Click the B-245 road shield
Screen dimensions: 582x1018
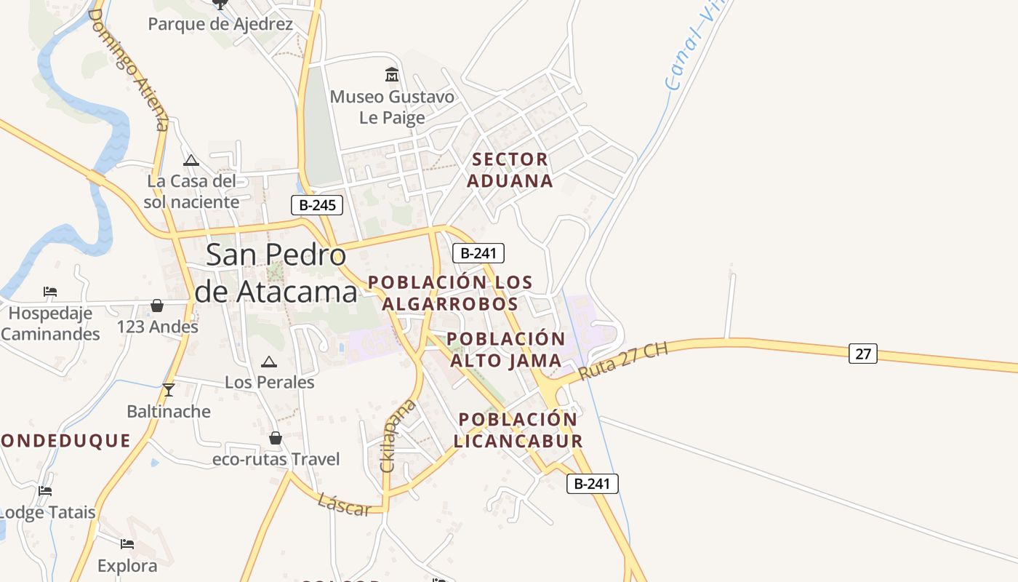(317, 205)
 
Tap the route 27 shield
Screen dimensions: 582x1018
(862, 354)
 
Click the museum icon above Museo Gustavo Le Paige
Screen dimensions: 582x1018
(392, 75)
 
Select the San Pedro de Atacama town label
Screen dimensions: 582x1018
(277, 273)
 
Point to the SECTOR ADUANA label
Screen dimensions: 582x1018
(510, 170)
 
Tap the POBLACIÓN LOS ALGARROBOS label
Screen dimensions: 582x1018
(450, 292)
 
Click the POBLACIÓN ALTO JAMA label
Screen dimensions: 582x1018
(506, 349)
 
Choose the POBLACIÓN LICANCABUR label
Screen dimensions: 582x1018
(518, 430)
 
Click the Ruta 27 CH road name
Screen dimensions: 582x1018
(622, 362)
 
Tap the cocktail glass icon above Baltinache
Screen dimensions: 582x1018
(169, 389)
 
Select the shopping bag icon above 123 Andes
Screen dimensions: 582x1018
(156, 306)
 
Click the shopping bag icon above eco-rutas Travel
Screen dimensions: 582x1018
(276, 438)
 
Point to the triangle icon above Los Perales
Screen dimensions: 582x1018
(269, 362)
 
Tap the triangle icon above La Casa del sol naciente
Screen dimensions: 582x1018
(191, 160)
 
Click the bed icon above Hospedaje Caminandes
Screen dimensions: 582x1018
(50, 292)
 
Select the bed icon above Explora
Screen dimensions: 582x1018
(127, 543)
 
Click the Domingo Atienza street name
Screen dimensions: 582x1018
(129, 70)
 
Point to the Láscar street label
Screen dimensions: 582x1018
(344, 504)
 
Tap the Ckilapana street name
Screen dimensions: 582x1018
(398, 436)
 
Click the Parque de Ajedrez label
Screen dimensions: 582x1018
(220, 24)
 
